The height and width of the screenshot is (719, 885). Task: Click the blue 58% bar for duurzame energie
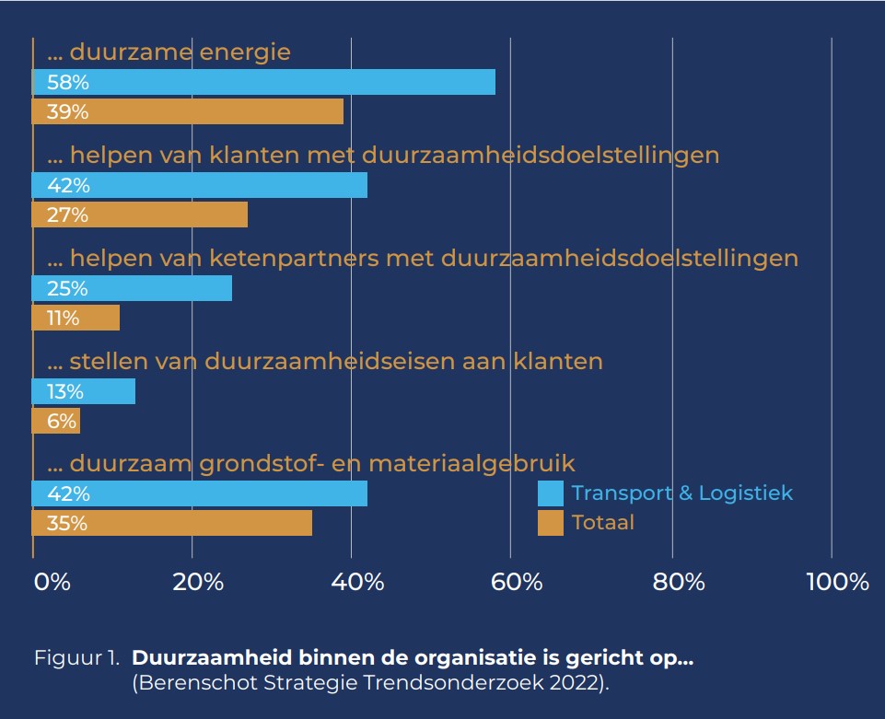263,82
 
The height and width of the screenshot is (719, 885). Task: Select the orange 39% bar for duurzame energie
188,111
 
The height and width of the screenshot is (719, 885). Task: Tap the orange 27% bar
140,215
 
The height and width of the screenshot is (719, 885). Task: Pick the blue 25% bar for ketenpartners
132,288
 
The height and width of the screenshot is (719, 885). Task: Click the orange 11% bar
76,318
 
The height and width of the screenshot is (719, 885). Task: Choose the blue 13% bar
84,391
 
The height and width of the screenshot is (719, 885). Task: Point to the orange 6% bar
56,421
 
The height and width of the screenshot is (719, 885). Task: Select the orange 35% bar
172,523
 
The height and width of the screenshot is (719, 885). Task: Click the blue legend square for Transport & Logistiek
551,493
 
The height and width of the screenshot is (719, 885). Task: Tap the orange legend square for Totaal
551,523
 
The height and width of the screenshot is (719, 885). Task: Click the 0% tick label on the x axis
52,582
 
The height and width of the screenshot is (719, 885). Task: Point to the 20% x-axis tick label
199,582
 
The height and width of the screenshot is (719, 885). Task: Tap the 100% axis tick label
836,582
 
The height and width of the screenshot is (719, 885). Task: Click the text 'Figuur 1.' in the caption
77,659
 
